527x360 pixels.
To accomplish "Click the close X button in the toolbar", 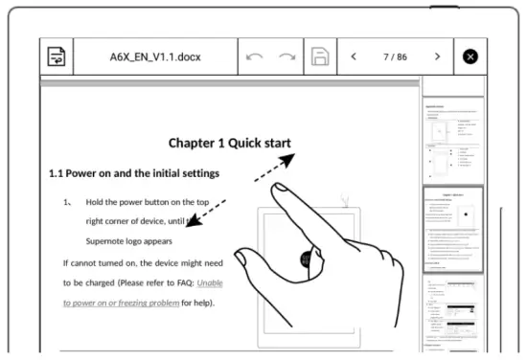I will (x=470, y=57).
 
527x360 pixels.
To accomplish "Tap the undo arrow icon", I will (x=255, y=57).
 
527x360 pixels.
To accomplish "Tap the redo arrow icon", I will (x=287, y=57).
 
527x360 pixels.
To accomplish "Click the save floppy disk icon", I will (x=321, y=57).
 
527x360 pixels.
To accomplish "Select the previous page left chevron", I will (x=354, y=57).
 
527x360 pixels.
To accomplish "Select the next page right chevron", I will (x=438, y=57).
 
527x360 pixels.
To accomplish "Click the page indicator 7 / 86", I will (x=396, y=57).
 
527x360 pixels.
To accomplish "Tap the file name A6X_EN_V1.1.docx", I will (x=154, y=57).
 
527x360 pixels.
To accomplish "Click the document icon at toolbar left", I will (x=57, y=57).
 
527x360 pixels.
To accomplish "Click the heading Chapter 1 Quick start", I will (x=229, y=144).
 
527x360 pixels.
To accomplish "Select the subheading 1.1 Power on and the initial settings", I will (x=134, y=173).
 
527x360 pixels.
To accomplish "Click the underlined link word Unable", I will (x=210, y=282).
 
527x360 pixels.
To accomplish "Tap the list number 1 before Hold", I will (x=67, y=203).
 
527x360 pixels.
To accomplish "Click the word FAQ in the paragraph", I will (x=180, y=282).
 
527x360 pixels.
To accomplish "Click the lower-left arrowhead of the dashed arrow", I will (x=192, y=223).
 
